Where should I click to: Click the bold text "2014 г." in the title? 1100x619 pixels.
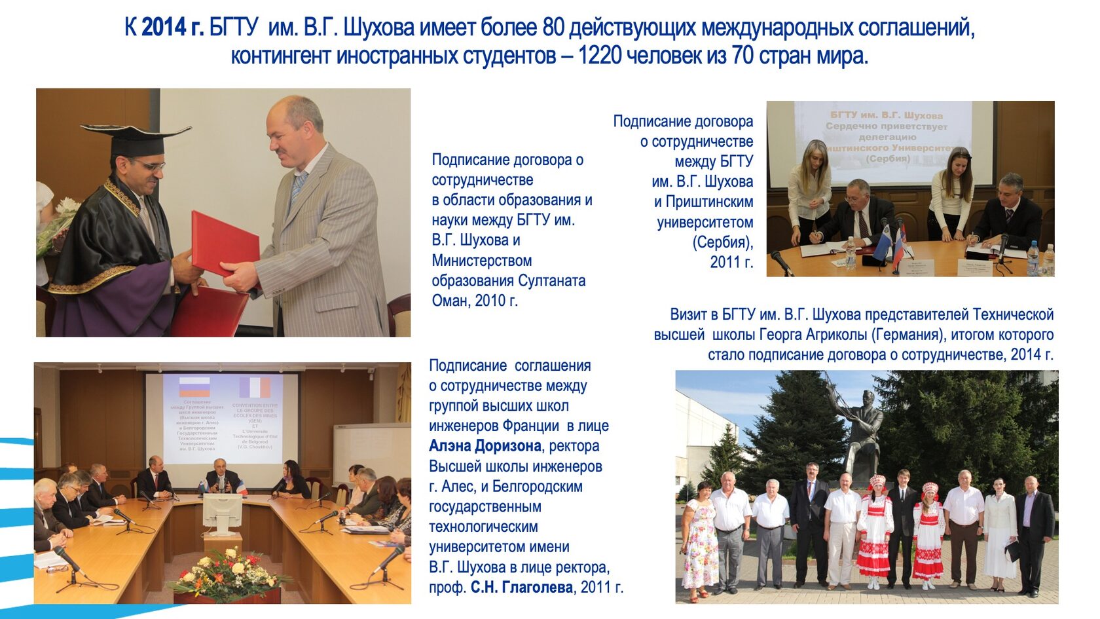point(172,28)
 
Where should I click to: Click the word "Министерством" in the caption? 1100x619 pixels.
point(481,261)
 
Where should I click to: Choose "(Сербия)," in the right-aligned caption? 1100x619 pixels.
point(722,242)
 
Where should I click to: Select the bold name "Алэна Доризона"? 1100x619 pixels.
point(485,446)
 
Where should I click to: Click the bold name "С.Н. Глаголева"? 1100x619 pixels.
point(521,588)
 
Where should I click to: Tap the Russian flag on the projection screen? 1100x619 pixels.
point(194,386)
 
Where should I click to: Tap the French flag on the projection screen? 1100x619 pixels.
point(255,387)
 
